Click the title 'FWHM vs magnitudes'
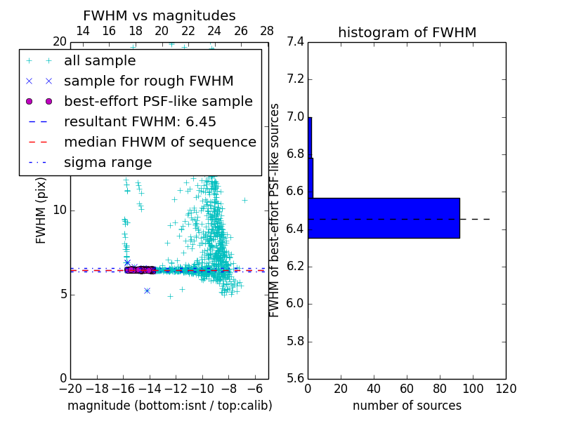pos(159,15)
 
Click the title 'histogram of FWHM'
pos(407,32)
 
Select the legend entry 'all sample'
pos(100,61)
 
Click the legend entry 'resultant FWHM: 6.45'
pos(140,122)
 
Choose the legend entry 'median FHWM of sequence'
pos(159,142)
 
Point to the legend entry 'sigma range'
pos(107,163)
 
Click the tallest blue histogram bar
pos(384,218)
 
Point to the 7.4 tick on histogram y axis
pos(295,42)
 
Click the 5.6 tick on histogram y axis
pos(295,379)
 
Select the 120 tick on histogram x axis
pos(506,388)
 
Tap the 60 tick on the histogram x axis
pos(407,388)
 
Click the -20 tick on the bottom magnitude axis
pos(70,388)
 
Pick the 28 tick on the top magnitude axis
pos(267,32)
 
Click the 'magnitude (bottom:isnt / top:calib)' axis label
pos(169,406)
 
